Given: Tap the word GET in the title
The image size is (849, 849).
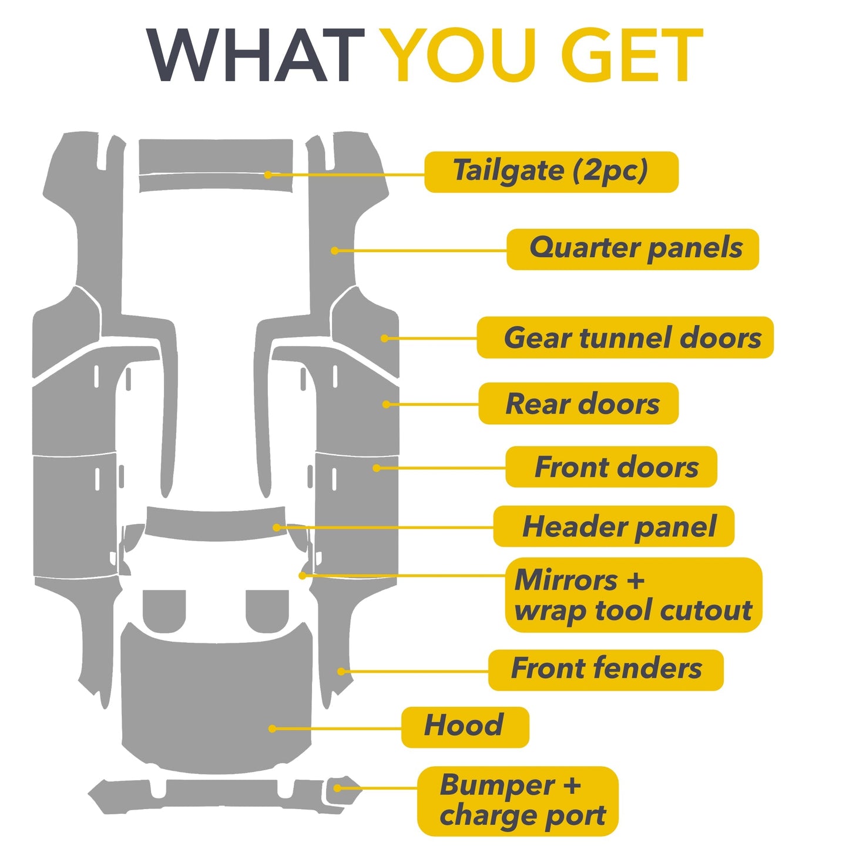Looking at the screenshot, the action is (x=632, y=55).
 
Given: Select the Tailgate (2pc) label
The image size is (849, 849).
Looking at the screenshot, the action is (x=551, y=172).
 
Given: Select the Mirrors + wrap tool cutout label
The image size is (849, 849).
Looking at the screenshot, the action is (x=633, y=595).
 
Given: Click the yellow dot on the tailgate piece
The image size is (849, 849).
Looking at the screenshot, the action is (x=268, y=175).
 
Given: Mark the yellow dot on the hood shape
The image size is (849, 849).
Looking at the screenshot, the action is (x=272, y=729).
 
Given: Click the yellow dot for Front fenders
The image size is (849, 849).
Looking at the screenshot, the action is (x=341, y=672).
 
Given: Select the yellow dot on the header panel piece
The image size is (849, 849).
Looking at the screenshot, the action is (x=276, y=528).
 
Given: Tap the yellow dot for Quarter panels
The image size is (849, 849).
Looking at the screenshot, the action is (x=334, y=251).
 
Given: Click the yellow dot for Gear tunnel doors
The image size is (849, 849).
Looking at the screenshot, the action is (x=384, y=338).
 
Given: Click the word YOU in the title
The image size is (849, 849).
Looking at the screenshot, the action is (x=462, y=55).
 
